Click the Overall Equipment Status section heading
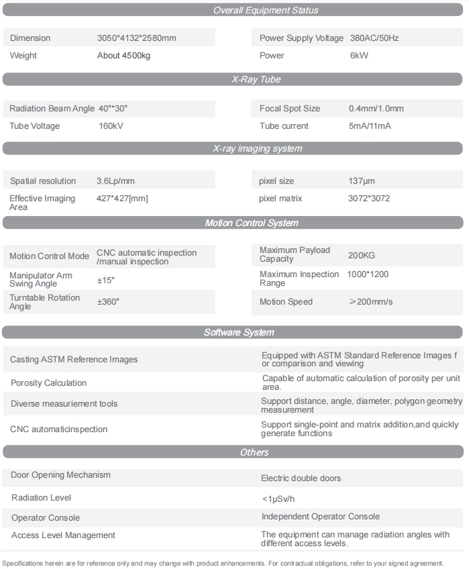[x=266, y=10]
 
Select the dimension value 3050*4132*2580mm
[x=137, y=38]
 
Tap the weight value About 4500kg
[x=123, y=56]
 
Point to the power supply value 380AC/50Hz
[x=374, y=38]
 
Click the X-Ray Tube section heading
[x=256, y=79]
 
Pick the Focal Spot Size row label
[x=290, y=109]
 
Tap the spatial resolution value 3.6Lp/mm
[x=115, y=181]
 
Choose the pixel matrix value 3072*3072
[x=369, y=199]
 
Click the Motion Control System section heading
[x=252, y=223]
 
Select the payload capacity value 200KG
[x=362, y=255]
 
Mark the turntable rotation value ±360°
[x=108, y=302]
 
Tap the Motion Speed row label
[x=286, y=302]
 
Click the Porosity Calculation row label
[x=48, y=383]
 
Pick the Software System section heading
[x=239, y=332]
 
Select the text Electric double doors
[x=301, y=478]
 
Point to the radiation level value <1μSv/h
[x=278, y=499]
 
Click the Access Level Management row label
[x=63, y=535]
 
